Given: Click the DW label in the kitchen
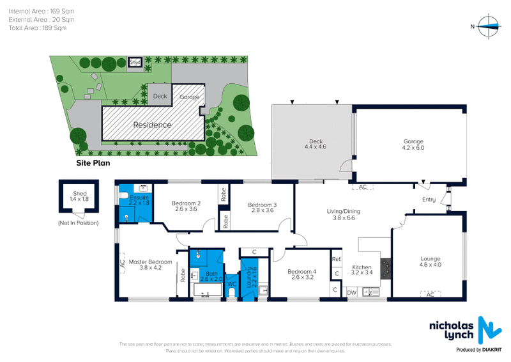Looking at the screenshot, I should coord(351,292).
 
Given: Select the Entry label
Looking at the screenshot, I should coord(429,200).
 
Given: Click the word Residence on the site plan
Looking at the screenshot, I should coord(152,125).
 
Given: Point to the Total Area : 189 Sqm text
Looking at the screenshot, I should coord(38,28).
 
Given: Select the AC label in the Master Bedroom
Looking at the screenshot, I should coord(121,262).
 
